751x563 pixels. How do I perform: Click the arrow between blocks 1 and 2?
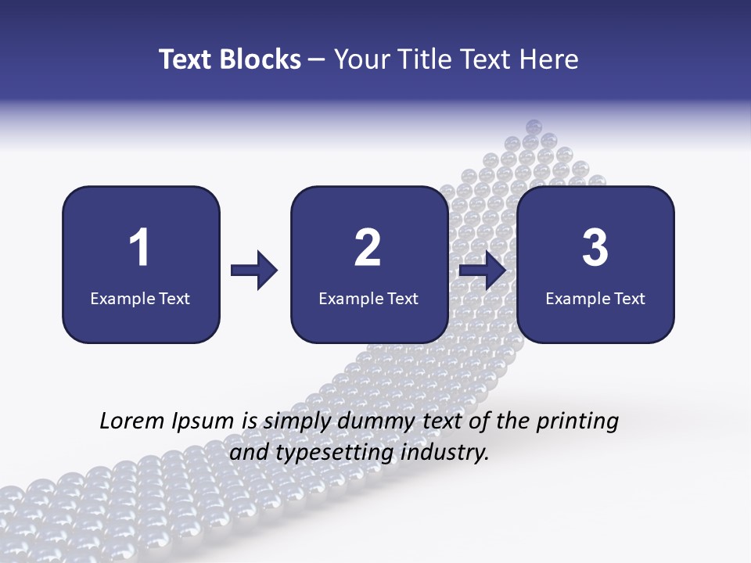254,271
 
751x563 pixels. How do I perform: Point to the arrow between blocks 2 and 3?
482,271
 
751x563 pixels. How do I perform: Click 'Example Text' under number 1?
140,298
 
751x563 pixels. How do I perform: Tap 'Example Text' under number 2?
368,298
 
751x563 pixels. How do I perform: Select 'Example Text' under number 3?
595,298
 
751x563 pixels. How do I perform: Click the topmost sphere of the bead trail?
534,127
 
